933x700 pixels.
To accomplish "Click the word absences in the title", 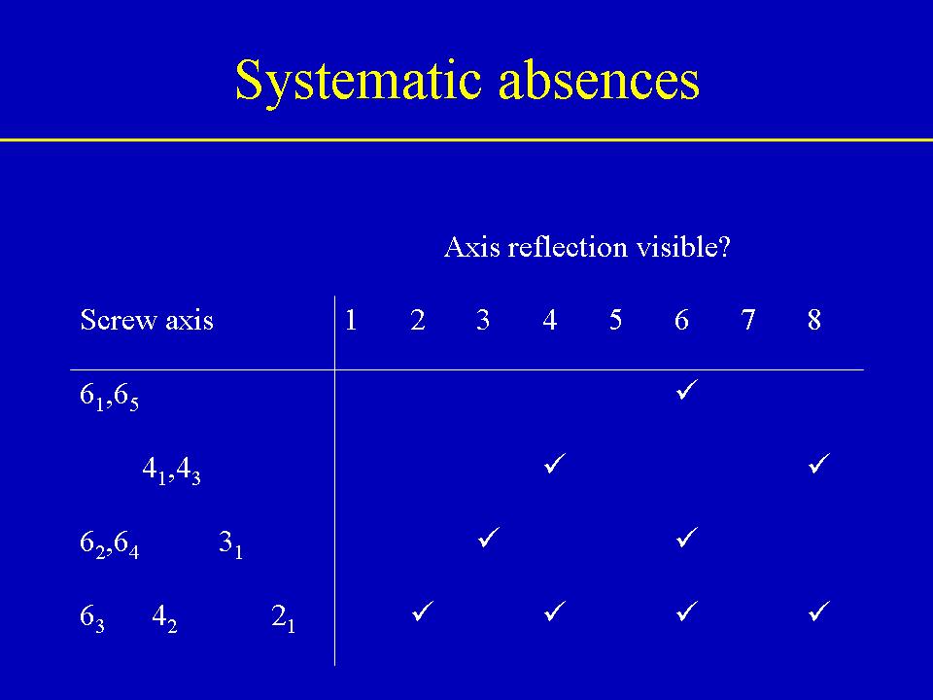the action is click(x=600, y=80).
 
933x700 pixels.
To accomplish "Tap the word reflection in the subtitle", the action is click(x=567, y=246).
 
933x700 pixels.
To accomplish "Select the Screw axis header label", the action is click(x=147, y=320).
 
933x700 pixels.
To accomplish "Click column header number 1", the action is click(x=351, y=320).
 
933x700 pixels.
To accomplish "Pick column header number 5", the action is click(x=615, y=320).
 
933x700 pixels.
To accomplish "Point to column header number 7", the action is click(x=748, y=320).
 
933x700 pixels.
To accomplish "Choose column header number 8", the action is click(x=814, y=320).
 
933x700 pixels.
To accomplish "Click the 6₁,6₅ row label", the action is click(x=110, y=397).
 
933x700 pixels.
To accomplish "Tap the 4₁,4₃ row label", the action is click(x=171, y=471).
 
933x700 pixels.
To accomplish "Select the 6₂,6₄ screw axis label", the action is click(x=110, y=544).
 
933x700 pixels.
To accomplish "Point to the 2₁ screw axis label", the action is click(x=283, y=618).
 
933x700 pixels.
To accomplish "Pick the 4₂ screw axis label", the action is click(x=165, y=618).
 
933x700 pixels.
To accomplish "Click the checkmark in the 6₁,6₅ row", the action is click(x=687, y=389).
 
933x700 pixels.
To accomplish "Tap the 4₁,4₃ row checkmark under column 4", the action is click(x=555, y=463).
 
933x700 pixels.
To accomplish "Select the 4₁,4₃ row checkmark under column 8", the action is click(x=819, y=463).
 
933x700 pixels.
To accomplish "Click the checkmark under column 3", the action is click(x=489, y=537).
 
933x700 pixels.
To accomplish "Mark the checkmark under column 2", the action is click(x=423, y=611).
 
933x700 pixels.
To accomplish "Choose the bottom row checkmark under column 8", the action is click(x=819, y=611).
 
